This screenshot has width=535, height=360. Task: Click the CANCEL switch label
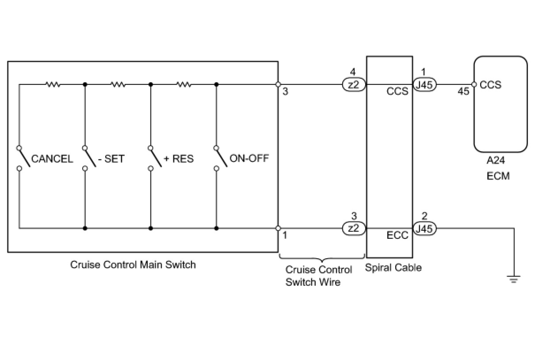(x=52, y=159)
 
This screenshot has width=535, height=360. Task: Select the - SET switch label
(x=111, y=159)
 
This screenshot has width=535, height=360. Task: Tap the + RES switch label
(x=179, y=159)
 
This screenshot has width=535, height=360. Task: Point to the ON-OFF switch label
(x=249, y=158)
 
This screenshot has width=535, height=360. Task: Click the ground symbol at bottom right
(x=514, y=279)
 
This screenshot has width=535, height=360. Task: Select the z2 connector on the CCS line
(x=354, y=84)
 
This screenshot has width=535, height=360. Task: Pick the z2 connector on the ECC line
(x=354, y=229)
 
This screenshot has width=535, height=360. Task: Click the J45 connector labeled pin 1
(x=424, y=84)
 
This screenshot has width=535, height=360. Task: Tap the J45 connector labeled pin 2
(x=424, y=229)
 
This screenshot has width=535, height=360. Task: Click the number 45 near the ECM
(x=463, y=91)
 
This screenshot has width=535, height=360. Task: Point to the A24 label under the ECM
(x=496, y=160)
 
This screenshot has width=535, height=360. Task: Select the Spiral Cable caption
(x=394, y=268)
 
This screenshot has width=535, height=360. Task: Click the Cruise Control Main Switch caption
(x=133, y=264)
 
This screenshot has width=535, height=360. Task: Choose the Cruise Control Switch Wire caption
(x=319, y=276)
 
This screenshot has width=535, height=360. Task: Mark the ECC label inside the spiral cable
(x=397, y=235)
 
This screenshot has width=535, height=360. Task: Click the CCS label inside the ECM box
(x=490, y=85)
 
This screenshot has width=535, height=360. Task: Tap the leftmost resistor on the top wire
(x=53, y=84)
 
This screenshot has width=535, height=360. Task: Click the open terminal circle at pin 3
(x=278, y=84)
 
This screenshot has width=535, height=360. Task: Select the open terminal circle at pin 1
(x=278, y=228)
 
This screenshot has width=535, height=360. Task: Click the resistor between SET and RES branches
(x=118, y=84)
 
